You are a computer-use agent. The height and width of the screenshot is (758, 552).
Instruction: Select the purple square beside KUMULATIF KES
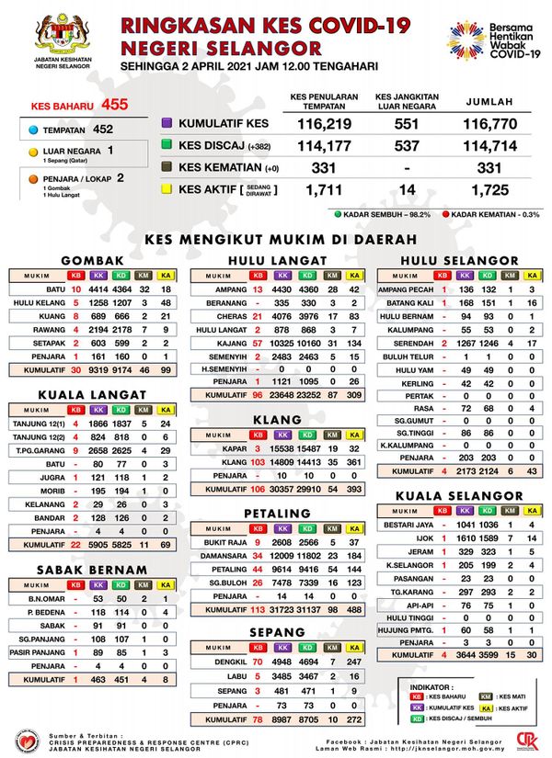(x=167, y=122)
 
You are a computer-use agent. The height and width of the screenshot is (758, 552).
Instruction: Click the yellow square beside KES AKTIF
(x=167, y=189)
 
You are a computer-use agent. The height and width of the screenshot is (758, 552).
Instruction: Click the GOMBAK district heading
(x=93, y=261)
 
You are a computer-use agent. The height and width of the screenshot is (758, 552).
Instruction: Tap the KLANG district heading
(x=275, y=419)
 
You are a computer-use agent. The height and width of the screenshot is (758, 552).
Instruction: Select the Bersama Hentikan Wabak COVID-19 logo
(x=492, y=40)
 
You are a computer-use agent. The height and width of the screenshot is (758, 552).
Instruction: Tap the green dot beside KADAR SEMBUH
(x=339, y=216)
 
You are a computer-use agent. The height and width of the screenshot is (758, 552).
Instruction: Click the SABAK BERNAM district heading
(x=93, y=571)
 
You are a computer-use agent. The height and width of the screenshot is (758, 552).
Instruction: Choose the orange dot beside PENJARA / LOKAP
(x=32, y=179)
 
